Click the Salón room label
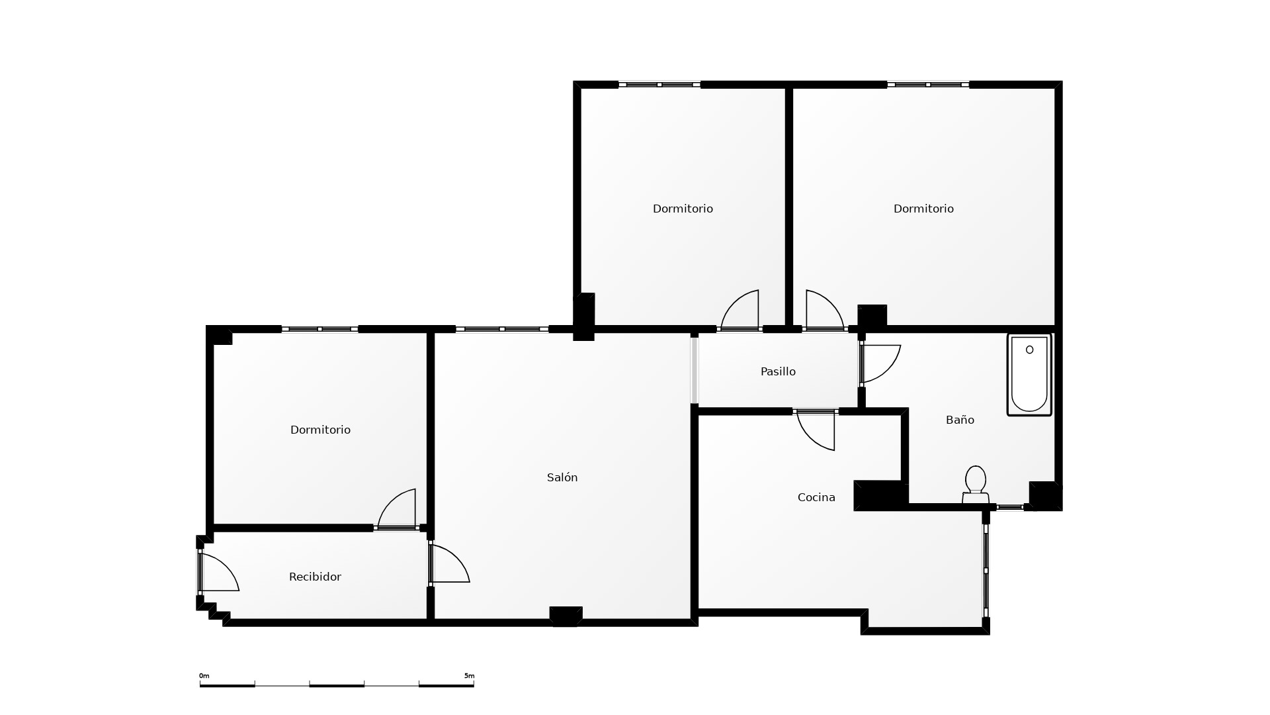562,477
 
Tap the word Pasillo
778,371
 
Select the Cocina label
816,497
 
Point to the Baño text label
960,420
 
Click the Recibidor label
315,577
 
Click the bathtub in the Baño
1029,375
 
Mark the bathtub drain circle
1029,350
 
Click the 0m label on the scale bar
204,676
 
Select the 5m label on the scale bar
469,676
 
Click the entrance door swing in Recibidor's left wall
218,572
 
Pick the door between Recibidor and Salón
449,563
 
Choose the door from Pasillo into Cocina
816,430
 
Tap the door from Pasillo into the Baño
880,363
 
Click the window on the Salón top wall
502,329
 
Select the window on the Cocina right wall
986,570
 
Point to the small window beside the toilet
1010,507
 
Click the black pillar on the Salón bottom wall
566,616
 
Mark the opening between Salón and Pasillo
695,370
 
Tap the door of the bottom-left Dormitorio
397,510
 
